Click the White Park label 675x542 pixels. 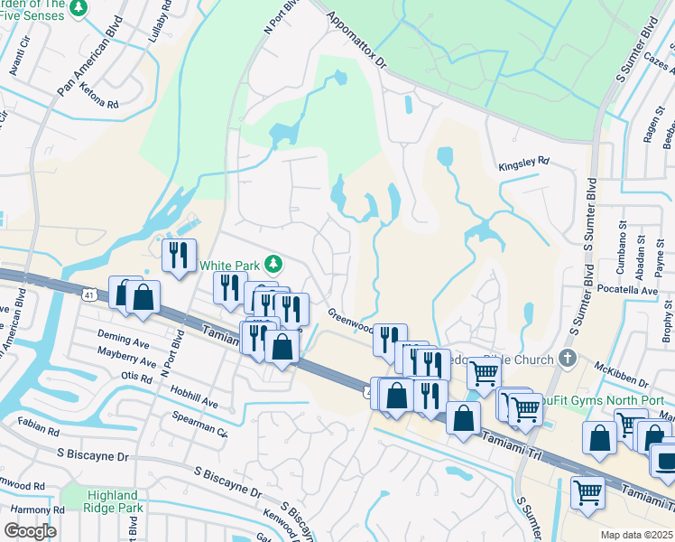click(229, 266)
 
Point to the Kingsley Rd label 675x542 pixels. click(524, 162)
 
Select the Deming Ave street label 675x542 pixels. click(125, 344)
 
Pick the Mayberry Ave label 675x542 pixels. click(125, 360)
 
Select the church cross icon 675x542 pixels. click(567, 359)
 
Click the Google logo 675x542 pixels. click(30, 531)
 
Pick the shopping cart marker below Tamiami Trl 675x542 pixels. click(587, 493)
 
